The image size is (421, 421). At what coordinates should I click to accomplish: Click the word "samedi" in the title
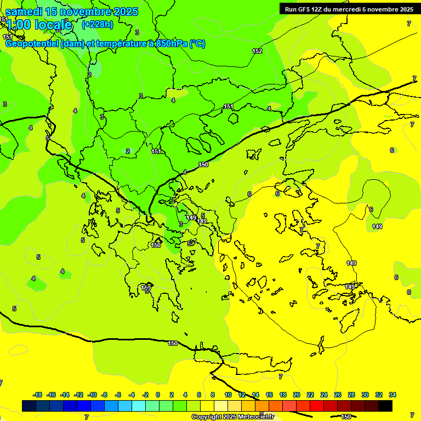(24, 12)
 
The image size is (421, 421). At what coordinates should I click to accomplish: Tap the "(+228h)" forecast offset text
(97, 24)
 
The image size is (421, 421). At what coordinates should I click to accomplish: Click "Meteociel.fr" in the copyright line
(255, 417)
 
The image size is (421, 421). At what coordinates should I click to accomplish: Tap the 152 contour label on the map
(257, 51)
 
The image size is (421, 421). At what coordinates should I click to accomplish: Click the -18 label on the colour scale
(38, 395)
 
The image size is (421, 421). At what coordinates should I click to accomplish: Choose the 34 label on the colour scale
(392, 395)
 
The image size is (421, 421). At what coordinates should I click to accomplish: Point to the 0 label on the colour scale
(157, 395)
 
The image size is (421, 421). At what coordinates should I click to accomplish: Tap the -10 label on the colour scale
(92, 395)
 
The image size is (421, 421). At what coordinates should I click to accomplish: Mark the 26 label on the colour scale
(338, 395)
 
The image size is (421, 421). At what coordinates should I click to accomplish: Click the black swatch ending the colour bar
(385, 406)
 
